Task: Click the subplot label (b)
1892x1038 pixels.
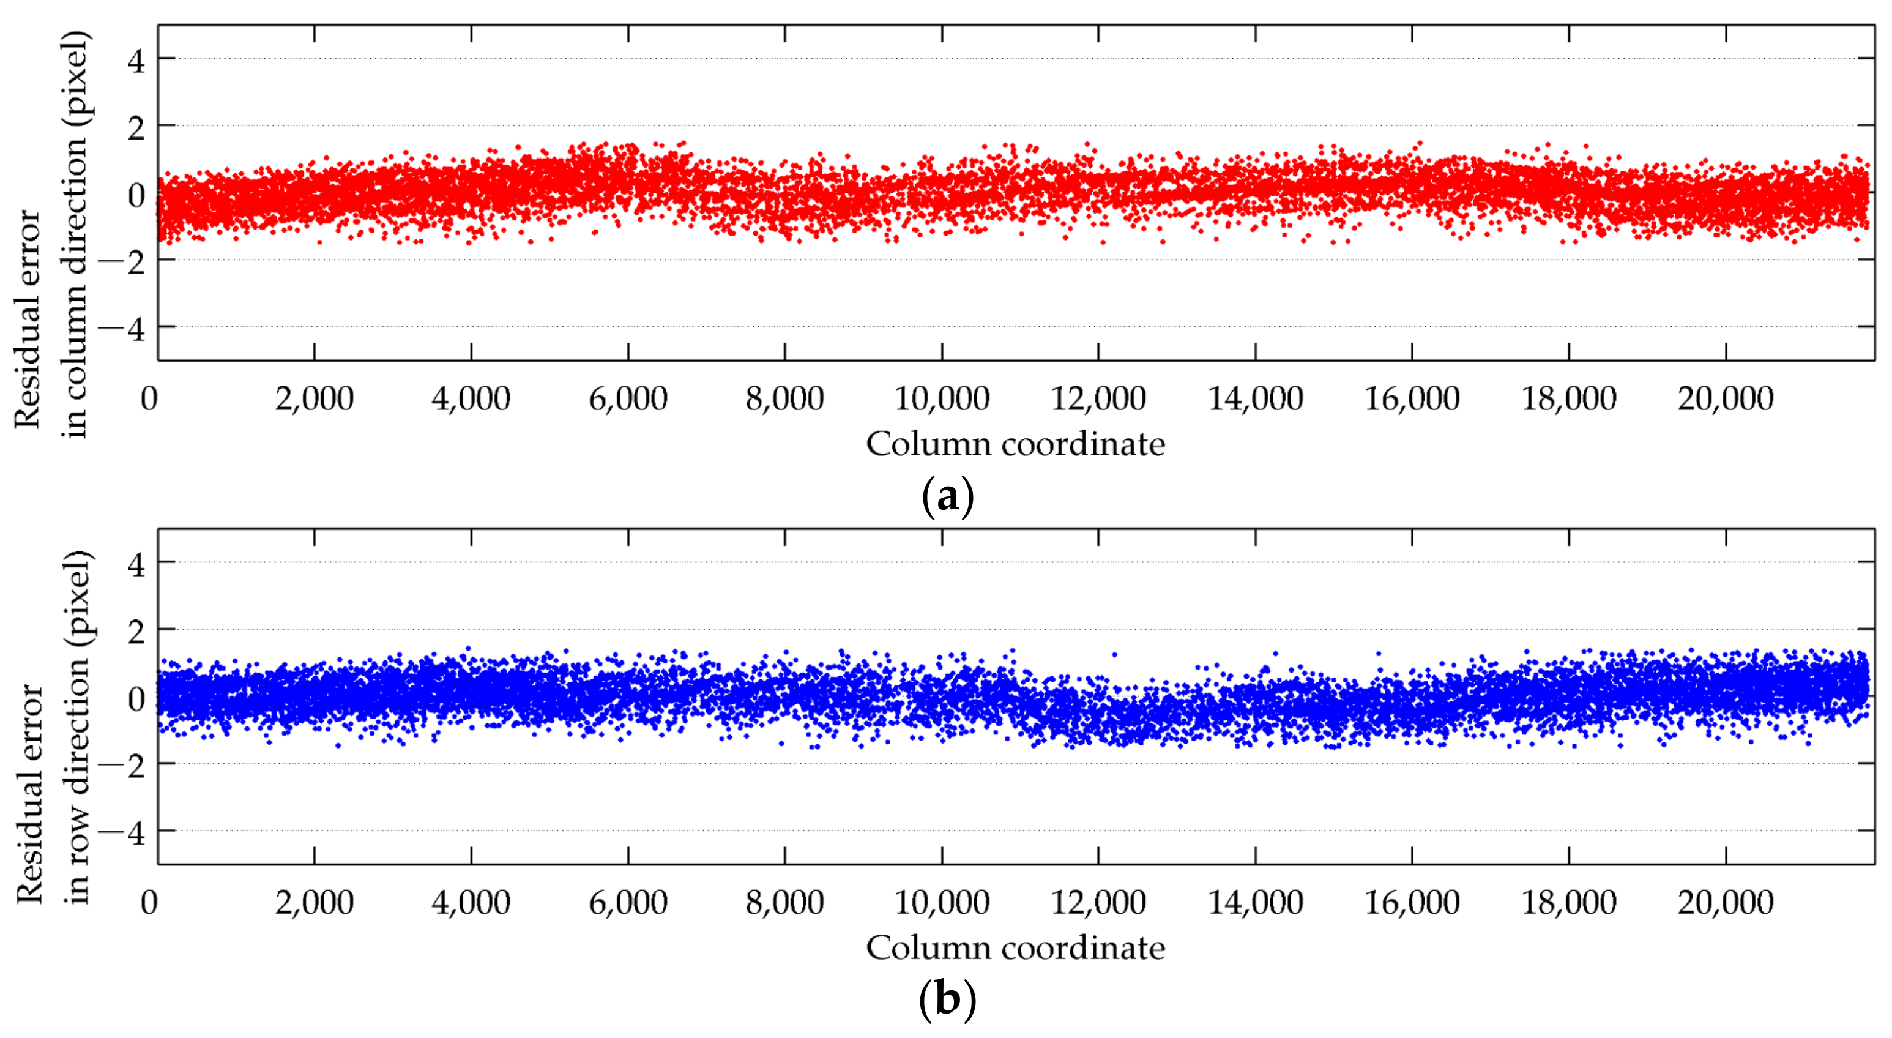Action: pos(947,1000)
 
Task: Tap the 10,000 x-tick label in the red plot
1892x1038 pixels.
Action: pos(942,399)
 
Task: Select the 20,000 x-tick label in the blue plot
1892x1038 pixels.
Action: pos(1726,902)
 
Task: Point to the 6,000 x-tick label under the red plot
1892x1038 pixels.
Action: pos(628,399)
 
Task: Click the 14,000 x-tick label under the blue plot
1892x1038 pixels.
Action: pos(1255,902)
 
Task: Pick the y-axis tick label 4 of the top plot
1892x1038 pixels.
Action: pos(136,60)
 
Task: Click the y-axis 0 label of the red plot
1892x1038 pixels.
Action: pos(136,195)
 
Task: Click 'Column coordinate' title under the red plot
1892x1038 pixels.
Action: pos(1015,444)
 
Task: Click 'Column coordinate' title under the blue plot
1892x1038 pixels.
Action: pos(1015,947)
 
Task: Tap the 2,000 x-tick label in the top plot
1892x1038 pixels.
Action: pos(315,399)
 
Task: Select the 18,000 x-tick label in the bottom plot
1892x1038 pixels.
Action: pos(1569,902)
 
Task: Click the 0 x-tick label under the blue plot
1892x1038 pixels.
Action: pos(149,902)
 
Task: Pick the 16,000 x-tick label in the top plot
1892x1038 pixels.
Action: pos(1412,399)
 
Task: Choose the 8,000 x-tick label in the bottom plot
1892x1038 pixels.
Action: pos(784,902)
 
